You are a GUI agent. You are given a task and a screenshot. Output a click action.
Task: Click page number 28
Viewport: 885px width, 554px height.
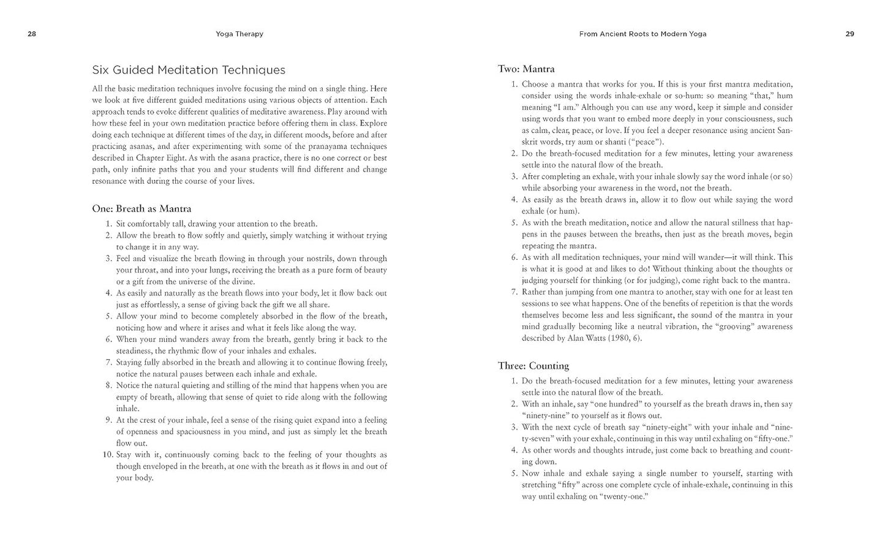32,34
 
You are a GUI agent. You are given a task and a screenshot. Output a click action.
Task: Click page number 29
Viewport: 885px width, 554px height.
849,34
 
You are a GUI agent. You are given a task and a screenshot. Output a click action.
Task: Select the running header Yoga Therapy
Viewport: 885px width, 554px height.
239,34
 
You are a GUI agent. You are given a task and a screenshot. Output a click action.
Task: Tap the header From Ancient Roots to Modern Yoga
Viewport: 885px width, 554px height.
642,34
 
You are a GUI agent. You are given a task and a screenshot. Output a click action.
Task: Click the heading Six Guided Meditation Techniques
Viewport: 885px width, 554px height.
189,70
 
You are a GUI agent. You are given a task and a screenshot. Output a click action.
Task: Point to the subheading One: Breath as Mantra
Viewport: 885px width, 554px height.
141,208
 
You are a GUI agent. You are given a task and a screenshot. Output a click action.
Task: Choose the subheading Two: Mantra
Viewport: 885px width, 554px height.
526,69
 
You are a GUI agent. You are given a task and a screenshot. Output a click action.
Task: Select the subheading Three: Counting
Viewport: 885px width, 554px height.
533,366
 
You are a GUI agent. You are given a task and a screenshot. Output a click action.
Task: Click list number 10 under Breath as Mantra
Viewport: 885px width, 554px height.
107,455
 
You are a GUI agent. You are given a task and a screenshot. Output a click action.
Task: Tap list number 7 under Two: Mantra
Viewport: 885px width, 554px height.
514,292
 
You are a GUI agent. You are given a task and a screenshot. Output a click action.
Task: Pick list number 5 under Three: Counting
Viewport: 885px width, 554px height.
514,473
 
